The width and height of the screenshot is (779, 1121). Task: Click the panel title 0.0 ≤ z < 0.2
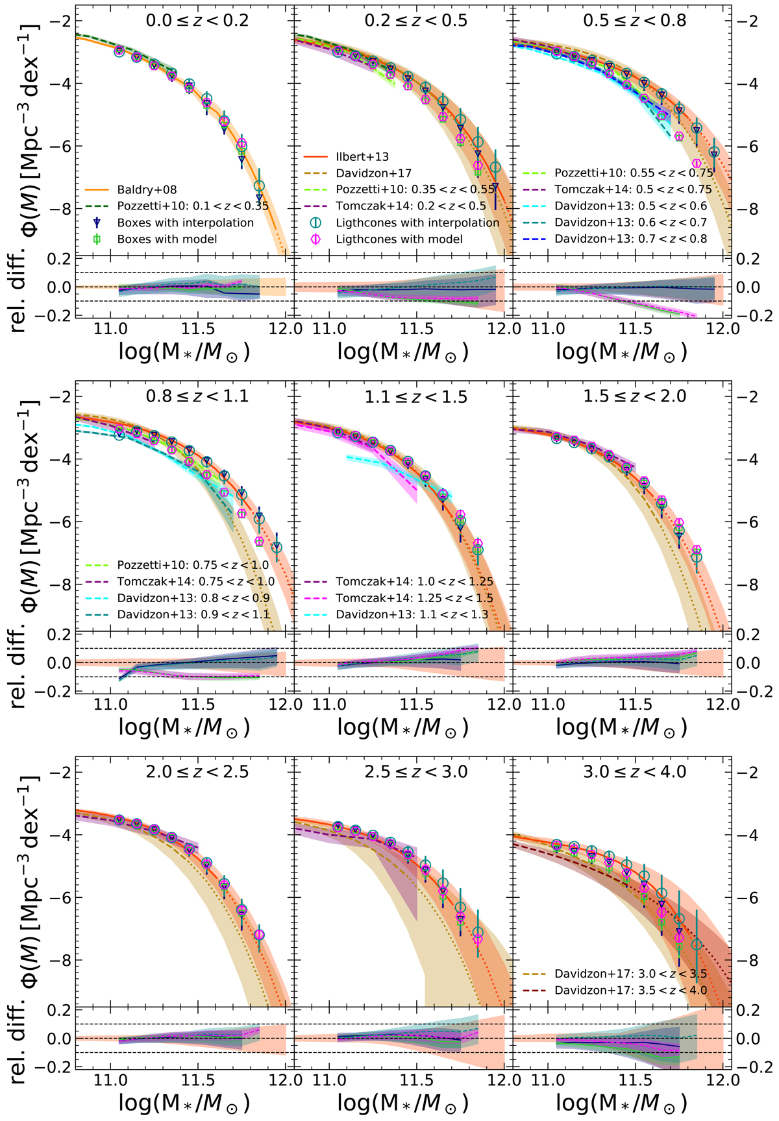tap(197, 20)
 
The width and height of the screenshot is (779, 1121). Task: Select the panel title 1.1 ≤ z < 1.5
tap(415, 396)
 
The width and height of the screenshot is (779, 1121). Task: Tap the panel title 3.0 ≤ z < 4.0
tap(634, 771)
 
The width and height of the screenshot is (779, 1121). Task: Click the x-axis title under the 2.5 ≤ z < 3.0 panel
tap(402, 1102)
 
